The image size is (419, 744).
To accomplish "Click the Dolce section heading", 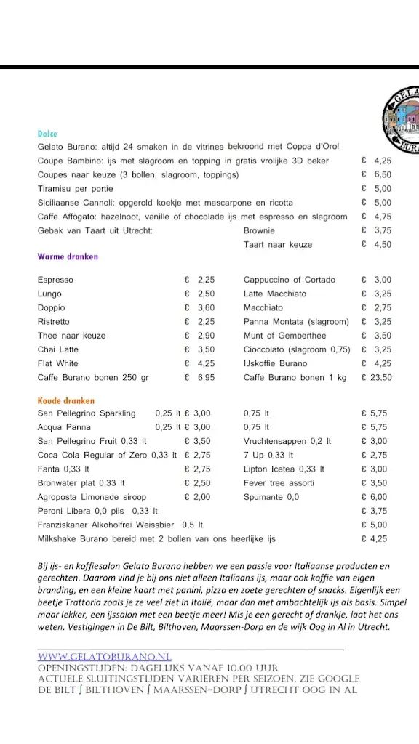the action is point(47,134).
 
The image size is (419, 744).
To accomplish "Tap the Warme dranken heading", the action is point(68,256).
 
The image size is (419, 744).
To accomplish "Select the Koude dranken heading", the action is point(66,400).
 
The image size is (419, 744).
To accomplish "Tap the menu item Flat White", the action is point(58,363).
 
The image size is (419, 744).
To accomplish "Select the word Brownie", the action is point(259,230).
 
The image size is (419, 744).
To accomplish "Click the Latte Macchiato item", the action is point(275,294).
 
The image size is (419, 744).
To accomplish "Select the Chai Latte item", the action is point(58,349).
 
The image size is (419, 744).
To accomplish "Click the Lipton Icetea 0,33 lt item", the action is point(284,469).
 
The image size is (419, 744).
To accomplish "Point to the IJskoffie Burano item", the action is point(276,363).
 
